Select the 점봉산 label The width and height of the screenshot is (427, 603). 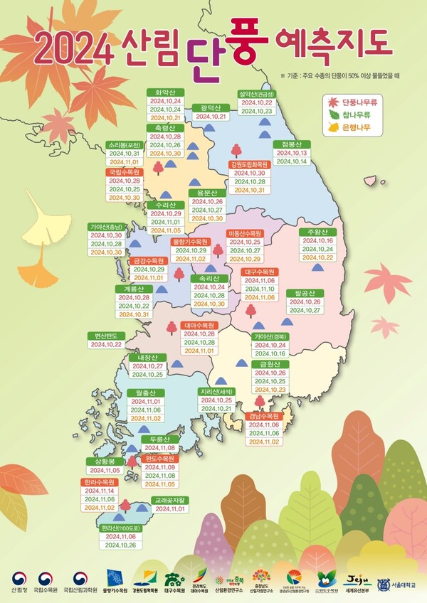pos(292,144)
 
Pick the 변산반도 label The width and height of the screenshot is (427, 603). pos(106,336)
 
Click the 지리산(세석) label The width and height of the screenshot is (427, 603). pos(216,391)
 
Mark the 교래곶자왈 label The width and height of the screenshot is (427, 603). pos(169,499)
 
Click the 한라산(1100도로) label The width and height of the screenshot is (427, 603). pos(120,528)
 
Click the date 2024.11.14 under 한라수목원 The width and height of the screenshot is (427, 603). pos(99,491)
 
